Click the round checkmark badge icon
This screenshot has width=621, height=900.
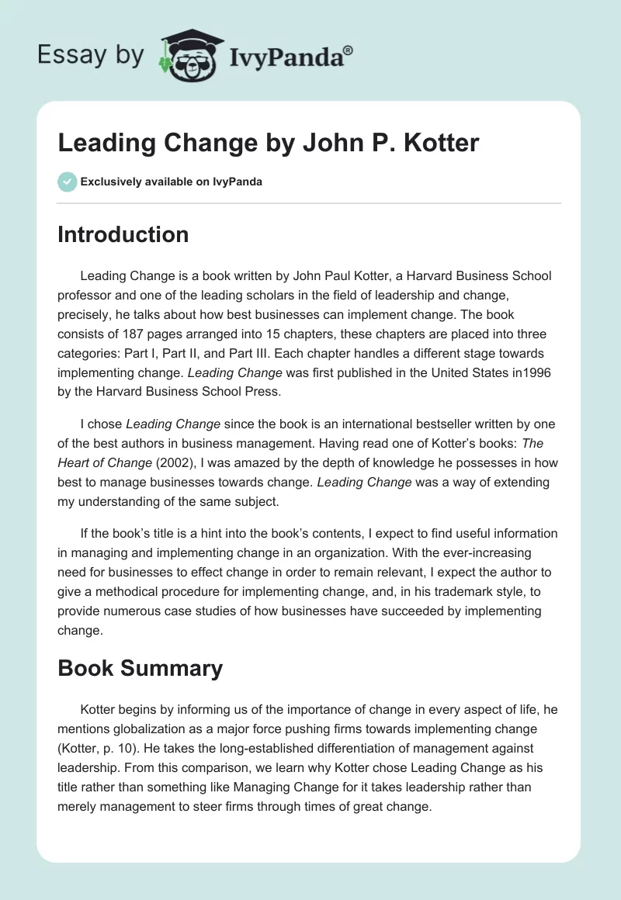coord(67,182)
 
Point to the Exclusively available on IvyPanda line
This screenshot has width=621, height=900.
coord(171,182)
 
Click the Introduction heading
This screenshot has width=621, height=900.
coord(123,234)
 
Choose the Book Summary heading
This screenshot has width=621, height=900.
coord(140,668)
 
